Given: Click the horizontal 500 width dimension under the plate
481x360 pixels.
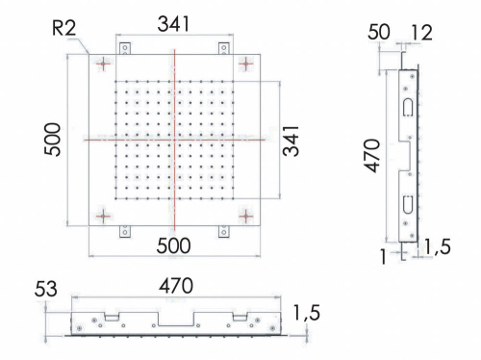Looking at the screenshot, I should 173,245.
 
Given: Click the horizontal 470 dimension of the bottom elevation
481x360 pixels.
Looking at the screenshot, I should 175,285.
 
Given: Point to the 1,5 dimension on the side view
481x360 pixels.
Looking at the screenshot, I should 437,248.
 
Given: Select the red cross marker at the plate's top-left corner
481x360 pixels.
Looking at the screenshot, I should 104,64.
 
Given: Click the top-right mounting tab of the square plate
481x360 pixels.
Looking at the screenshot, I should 224,46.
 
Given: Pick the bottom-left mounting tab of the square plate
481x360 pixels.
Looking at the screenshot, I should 124,232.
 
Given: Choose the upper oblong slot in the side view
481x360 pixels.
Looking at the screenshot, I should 407,104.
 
